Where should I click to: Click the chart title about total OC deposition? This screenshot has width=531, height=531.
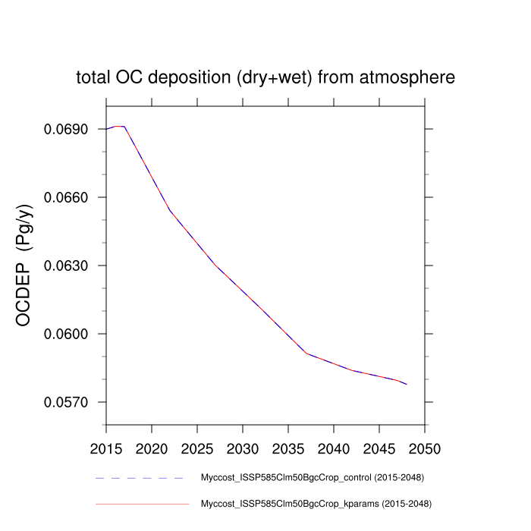pos(265,77)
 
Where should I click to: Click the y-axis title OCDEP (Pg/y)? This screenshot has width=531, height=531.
pos(24,265)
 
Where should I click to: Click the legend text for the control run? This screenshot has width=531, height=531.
pos(311,478)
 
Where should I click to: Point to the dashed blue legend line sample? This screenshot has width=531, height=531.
pos(140,478)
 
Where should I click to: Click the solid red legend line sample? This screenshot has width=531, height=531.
pos(142,503)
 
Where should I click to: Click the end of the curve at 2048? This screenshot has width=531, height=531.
pos(407,385)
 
